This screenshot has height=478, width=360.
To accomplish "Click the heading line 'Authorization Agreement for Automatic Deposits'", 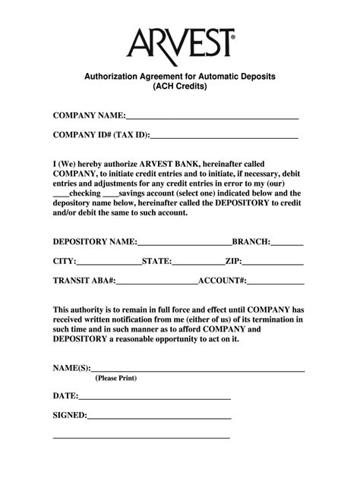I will pyautogui.click(x=180, y=77).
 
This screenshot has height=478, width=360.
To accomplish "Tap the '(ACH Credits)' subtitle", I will pyautogui.click(x=180, y=87).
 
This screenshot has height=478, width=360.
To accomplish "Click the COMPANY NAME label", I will pyautogui.click(x=87, y=115).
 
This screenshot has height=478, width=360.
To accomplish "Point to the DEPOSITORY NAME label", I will pyautogui.click(x=94, y=241).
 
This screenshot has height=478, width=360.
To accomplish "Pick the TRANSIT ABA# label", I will pyautogui.click(x=84, y=280).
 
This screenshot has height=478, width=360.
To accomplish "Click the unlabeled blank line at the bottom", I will pyautogui.click(x=141, y=439).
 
